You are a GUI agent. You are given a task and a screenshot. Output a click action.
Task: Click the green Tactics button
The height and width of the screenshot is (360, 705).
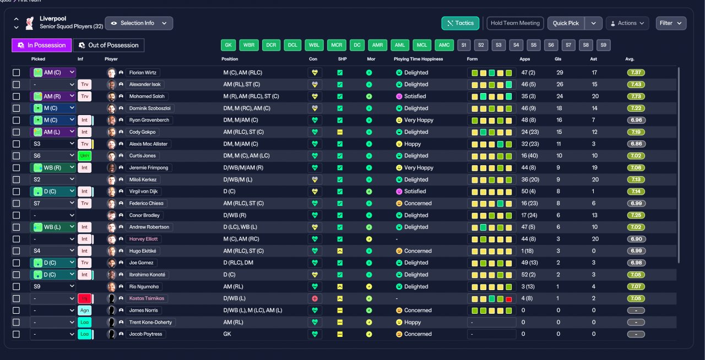click(460, 23)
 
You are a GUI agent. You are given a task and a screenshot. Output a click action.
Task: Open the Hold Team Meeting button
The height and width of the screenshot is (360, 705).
click(515, 23)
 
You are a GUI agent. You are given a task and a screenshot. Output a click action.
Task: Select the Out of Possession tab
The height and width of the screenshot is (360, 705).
click(109, 45)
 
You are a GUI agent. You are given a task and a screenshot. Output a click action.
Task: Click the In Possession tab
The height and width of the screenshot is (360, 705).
click(41, 45)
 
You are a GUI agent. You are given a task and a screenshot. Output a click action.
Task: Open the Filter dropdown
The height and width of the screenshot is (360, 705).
click(671, 23)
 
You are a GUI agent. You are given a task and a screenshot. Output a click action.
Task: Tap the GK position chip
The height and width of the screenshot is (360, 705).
click(228, 45)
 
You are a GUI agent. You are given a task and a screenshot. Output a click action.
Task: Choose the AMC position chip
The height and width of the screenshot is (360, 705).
click(444, 45)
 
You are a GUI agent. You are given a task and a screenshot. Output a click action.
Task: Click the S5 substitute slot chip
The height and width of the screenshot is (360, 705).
click(534, 45)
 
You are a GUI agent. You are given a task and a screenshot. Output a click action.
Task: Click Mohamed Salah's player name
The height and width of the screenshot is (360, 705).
click(147, 96)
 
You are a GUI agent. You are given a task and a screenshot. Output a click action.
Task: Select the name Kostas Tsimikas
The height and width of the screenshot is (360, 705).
click(147, 298)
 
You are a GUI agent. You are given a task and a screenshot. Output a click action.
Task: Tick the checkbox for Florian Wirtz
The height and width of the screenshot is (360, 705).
click(17, 73)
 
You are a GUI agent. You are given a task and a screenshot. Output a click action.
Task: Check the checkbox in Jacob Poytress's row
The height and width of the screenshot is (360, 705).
click(17, 334)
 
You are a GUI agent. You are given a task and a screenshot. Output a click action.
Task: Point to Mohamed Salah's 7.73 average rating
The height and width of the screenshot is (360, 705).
click(636, 96)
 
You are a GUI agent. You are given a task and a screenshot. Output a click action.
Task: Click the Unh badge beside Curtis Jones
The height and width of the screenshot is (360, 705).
click(84, 156)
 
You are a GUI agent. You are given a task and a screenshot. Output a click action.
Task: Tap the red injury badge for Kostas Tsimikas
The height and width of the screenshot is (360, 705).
click(84, 298)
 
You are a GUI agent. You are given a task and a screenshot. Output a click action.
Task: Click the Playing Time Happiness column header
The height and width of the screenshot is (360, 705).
click(418, 59)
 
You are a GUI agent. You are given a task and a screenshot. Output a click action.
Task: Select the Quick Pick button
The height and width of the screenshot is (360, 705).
click(566, 23)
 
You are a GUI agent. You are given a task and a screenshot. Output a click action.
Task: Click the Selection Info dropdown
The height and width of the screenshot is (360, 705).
click(139, 23)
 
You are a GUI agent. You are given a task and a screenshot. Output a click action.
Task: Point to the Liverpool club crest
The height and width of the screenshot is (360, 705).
click(30, 23)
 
